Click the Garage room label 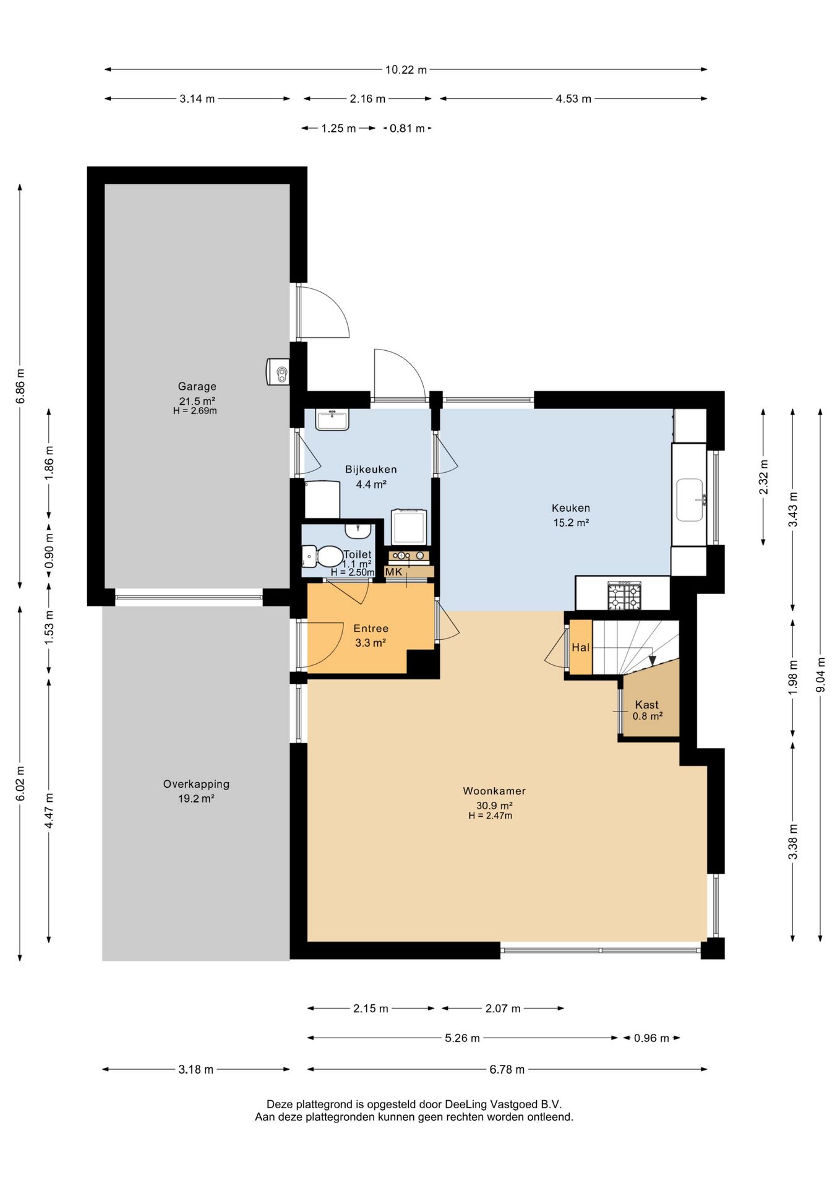197,387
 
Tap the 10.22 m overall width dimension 406,69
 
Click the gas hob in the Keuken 625,595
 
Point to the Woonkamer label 494,791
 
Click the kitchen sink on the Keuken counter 690,500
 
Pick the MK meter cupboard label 394,572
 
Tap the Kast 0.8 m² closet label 647,710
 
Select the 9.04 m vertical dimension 820,674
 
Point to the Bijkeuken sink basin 332,420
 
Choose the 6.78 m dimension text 507,1069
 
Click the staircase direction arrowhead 652,661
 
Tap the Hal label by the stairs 580,647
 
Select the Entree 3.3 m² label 371,635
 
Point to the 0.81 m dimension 407,128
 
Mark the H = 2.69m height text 195,411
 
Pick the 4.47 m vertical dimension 49,810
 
